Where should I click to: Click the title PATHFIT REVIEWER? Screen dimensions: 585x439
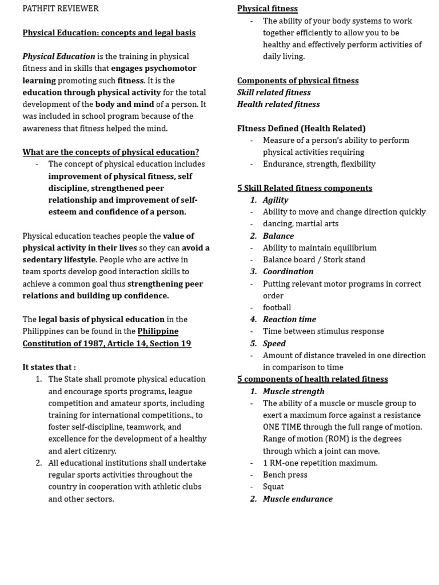61,9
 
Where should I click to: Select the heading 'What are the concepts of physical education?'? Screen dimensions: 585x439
111,152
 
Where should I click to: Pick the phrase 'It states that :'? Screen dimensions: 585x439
49,367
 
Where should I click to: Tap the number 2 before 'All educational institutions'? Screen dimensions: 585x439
38,463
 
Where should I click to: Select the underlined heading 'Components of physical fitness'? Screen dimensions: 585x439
298,81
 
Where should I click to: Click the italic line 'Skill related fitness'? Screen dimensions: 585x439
274,93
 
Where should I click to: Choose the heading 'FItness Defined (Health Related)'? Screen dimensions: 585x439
301,129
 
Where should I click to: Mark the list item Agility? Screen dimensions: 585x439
276,200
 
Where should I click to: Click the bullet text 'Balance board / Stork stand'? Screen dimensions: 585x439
314,259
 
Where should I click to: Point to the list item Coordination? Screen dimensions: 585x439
288,271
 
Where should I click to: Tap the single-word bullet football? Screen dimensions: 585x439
277,307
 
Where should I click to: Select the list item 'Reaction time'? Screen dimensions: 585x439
289,319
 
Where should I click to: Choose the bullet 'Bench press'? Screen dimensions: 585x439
285,475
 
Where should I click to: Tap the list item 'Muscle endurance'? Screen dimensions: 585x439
297,499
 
